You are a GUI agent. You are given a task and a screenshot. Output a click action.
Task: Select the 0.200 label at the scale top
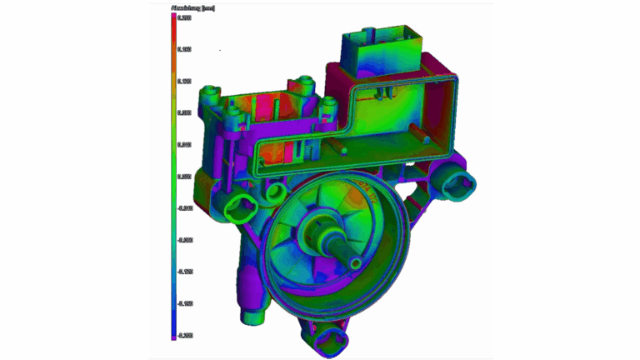tap(184, 17)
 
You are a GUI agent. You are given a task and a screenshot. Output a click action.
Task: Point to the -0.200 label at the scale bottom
tap(184, 335)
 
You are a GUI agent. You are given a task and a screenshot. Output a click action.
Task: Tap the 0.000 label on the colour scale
tap(184, 177)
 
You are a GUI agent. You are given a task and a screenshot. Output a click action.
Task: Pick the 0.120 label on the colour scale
tap(184, 81)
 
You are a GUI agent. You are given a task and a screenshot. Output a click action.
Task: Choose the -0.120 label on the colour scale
tap(184, 272)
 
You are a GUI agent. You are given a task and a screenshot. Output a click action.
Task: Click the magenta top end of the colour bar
tap(173, 16)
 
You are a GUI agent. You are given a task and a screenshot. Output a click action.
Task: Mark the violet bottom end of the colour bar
tap(173, 337)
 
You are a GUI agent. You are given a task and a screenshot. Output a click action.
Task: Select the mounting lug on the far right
tap(457, 178)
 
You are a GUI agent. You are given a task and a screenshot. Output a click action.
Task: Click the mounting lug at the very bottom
tap(331, 339)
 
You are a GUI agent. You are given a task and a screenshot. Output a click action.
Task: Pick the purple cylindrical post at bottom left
tap(252, 313)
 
